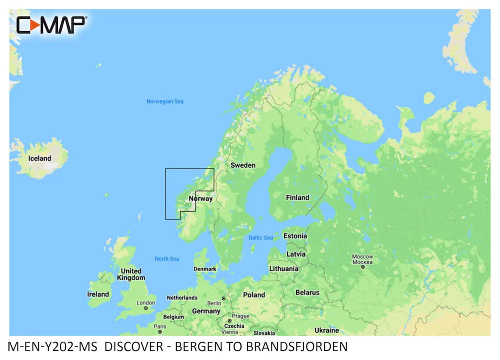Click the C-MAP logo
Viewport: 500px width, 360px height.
pyautogui.click(x=51, y=24)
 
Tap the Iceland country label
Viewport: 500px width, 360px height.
pyautogui.click(x=39, y=158)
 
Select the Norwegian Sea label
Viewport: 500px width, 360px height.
pyautogui.click(x=164, y=101)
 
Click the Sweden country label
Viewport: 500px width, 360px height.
pyautogui.click(x=242, y=165)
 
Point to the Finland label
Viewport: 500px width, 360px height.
pyautogui.click(x=297, y=197)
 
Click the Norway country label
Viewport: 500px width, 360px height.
pyautogui.click(x=200, y=198)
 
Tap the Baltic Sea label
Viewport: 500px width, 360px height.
pyautogui.click(x=261, y=237)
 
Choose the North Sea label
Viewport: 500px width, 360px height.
pyautogui.click(x=166, y=258)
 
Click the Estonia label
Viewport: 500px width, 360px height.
pyautogui.click(x=295, y=236)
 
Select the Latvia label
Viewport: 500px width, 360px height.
pyautogui.click(x=296, y=254)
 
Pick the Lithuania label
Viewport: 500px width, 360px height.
pyautogui.click(x=283, y=268)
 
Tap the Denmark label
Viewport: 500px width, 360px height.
pyautogui.click(x=205, y=269)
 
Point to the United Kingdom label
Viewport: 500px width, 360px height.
pyautogui.click(x=131, y=274)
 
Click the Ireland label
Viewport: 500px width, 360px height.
pyautogui.click(x=98, y=294)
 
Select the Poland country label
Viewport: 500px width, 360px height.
pyautogui.click(x=254, y=295)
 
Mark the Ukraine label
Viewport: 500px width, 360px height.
pyautogui.click(x=326, y=330)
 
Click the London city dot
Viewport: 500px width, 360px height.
pyautogui.click(x=146, y=308)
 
